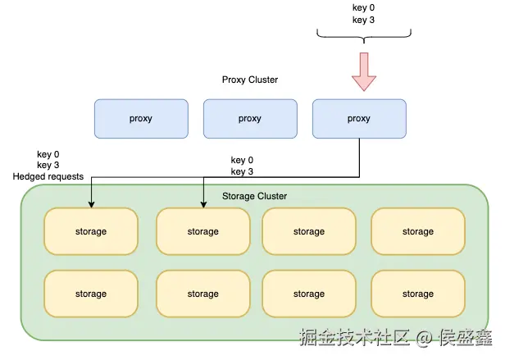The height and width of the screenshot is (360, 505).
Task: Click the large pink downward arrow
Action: tap(364, 71)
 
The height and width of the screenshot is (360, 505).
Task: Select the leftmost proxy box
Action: tap(141, 119)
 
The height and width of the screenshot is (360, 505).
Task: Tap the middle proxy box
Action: tap(250, 119)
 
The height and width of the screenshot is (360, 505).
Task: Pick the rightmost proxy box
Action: tap(359, 119)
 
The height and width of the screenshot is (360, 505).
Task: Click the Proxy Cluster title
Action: tap(250, 80)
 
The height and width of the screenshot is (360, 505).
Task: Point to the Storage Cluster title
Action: tap(254, 196)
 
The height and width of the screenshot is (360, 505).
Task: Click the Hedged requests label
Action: tap(48, 176)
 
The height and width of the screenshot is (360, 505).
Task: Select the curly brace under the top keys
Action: tap(364, 35)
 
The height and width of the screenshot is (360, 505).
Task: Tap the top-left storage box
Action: tap(91, 231)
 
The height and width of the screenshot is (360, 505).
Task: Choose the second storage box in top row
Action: tap(203, 231)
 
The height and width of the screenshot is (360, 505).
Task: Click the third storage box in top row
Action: tap(309, 231)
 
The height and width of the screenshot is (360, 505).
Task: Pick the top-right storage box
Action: tap(418, 231)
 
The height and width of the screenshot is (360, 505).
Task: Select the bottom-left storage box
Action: tap(91, 294)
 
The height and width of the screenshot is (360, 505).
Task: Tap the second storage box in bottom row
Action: tap(203, 294)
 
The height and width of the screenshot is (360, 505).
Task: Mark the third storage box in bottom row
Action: tap(309, 294)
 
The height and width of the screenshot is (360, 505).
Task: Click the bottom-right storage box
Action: tap(418, 294)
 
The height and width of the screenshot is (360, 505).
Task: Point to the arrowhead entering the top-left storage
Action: tap(92, 205)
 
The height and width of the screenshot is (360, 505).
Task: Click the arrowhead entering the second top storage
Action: tap(203, 205)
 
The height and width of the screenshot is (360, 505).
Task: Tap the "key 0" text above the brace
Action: tap(364, 7)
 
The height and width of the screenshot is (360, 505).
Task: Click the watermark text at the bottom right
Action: tap(396, 337)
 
